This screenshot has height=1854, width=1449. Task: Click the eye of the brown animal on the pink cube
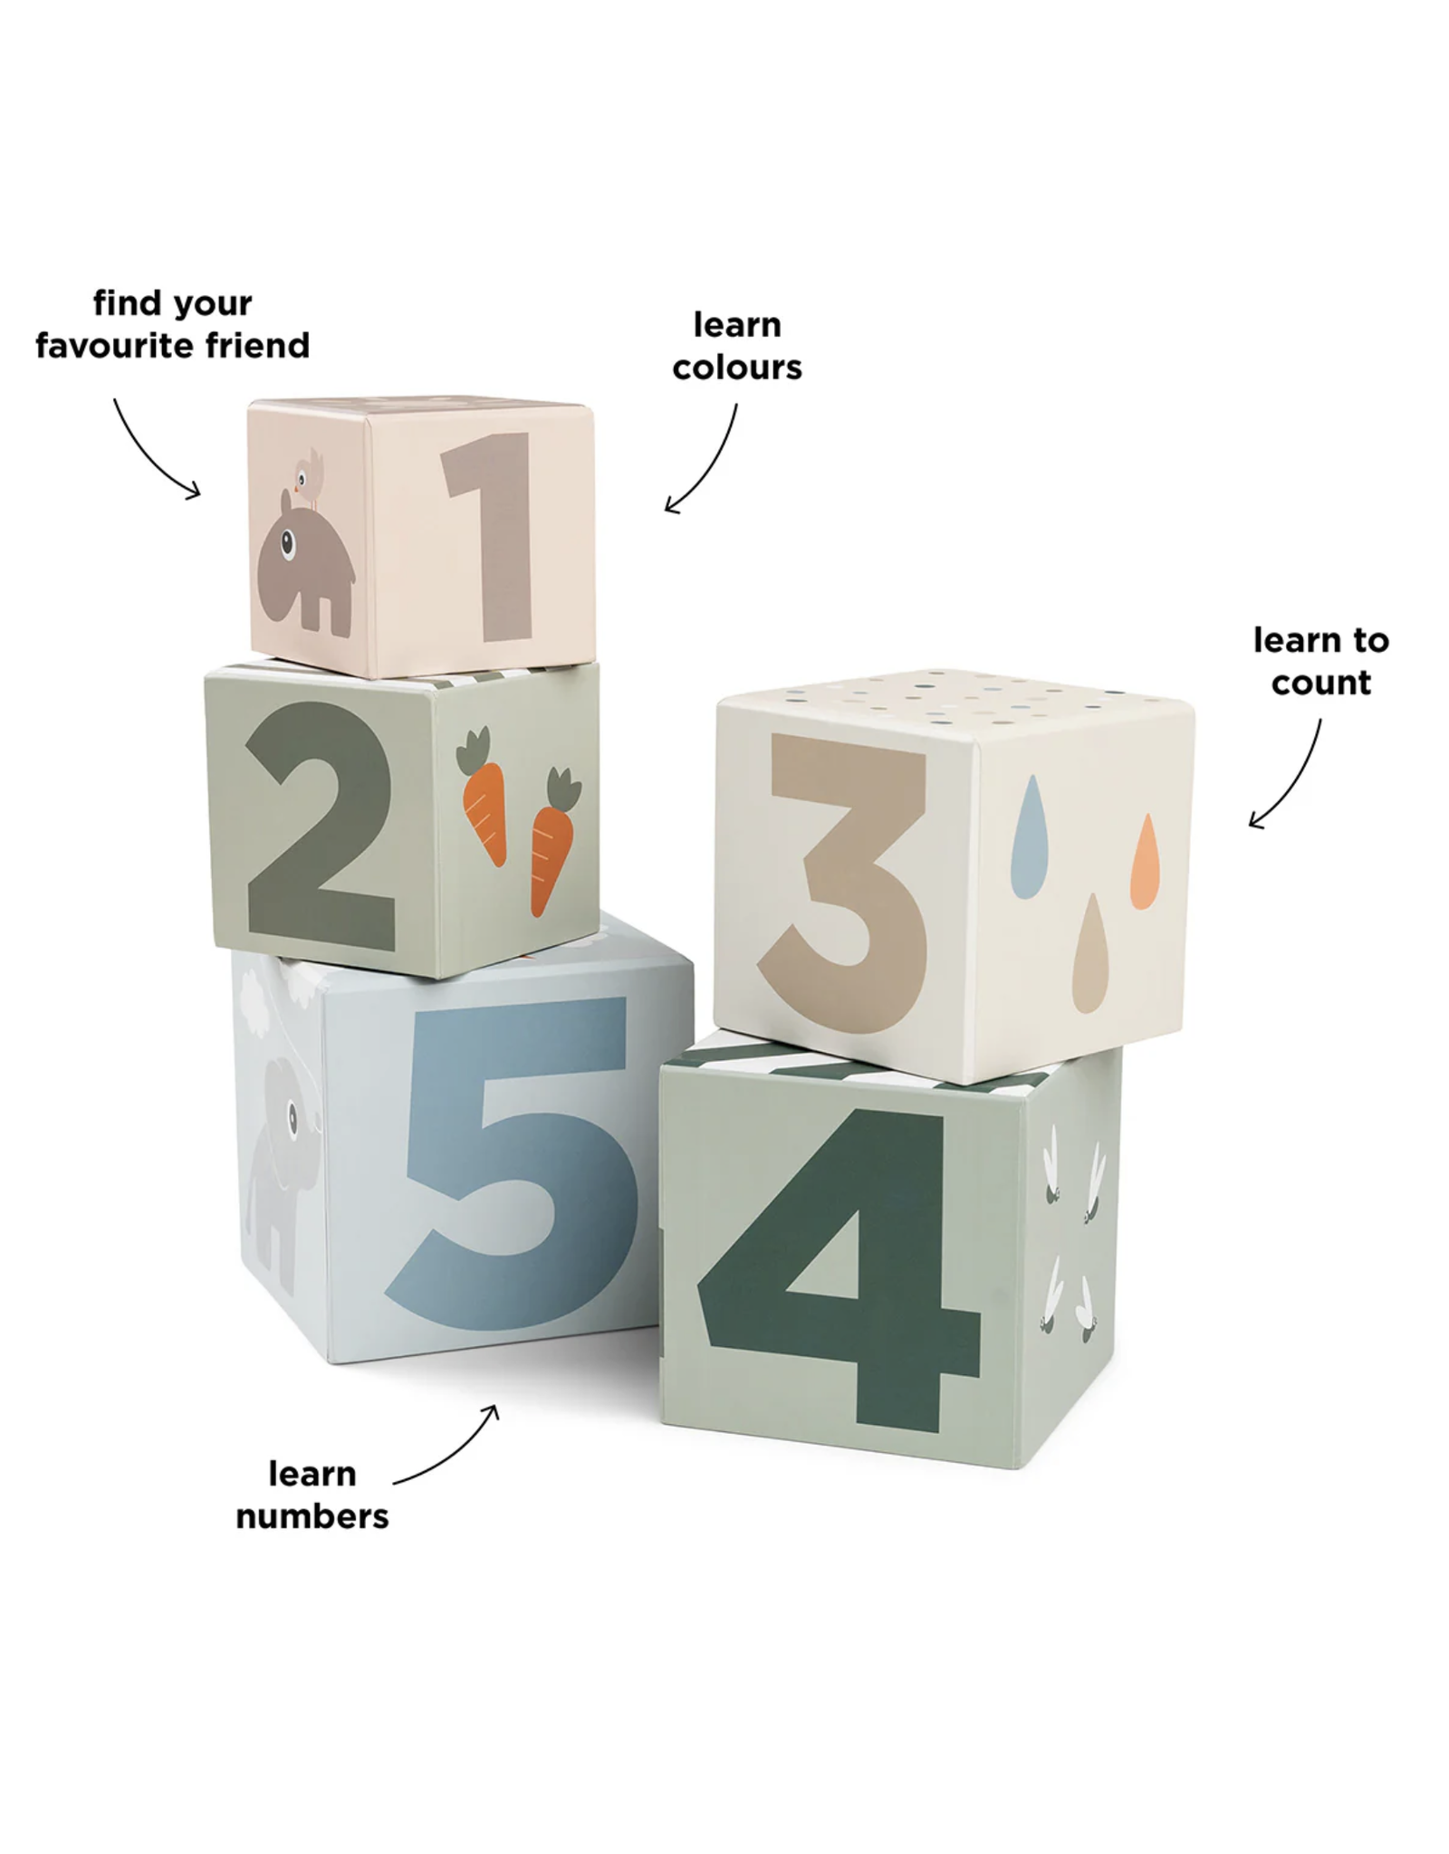click(289, 543)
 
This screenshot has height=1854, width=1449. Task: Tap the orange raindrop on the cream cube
click(1145, 859)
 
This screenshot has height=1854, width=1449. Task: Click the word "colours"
click(737, 367)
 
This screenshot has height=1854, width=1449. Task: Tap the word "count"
click(1320, 683)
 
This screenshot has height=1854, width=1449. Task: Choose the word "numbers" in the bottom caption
click(312, 1516)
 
